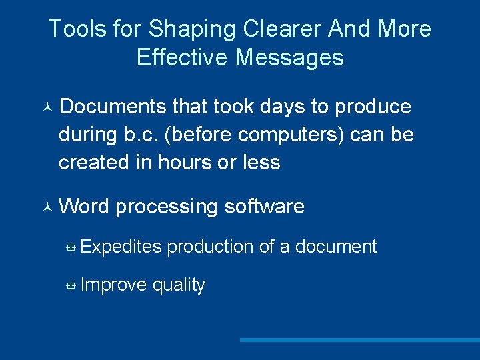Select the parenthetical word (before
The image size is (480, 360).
(200, 135)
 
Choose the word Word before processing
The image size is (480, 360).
(83, 207)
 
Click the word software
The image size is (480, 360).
(264, 207)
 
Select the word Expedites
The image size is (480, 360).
(121, 247)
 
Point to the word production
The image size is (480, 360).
(210, 247)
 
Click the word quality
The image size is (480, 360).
(179, 285)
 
